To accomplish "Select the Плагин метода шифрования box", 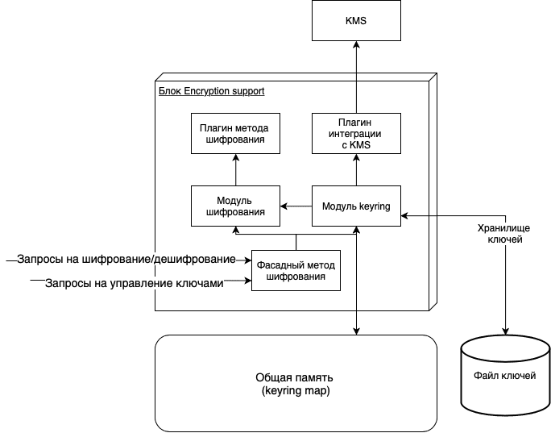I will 235,134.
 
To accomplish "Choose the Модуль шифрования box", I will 235,206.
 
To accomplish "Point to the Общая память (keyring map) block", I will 296,384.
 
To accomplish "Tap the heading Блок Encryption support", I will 211,91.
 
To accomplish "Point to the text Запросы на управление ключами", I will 133,283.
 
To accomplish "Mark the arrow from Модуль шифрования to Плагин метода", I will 235,170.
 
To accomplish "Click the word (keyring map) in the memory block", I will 296,391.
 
